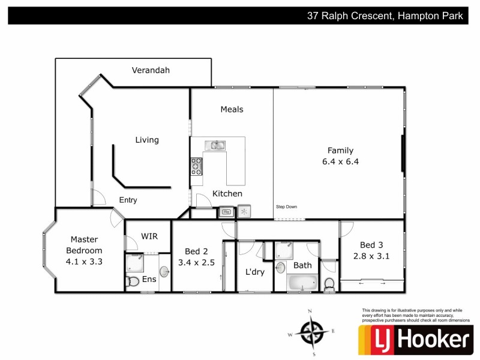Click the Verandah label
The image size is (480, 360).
click(151, 70)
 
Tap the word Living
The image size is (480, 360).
click(147, 140)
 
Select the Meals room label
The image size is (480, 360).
click(232, 109)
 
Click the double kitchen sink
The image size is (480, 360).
click(214, 145)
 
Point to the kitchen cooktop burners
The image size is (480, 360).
click(196, 166)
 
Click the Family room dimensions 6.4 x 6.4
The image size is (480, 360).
click(340, 161)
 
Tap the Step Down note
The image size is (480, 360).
click(286, 207)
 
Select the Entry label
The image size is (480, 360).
click(128, 200)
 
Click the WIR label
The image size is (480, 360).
click(149, 236)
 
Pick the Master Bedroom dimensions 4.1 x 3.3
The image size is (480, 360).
click(84, 261)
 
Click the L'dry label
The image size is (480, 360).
click(255, 272)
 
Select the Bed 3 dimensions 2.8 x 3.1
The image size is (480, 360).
click(371, 256)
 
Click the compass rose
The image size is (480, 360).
click(312, 331)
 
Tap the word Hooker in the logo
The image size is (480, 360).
click(431, 340)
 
